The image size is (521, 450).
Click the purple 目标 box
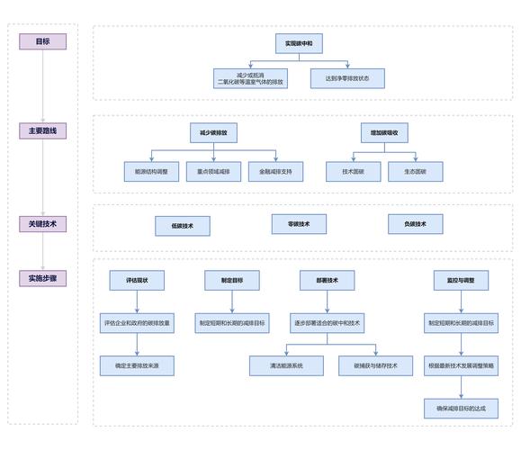(42, 41)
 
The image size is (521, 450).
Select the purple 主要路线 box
(42, 130)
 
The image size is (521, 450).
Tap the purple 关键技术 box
(42, 224)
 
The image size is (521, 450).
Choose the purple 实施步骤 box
(42, 278)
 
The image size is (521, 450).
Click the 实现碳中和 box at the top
(299, 43)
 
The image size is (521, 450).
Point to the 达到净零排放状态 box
(347, 78)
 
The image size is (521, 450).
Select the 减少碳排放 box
(213, 133)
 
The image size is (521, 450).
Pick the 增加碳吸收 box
(384, 133)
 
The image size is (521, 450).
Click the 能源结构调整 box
(151, 172)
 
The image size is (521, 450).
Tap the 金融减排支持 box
(275, 172)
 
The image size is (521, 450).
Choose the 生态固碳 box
(416, 172)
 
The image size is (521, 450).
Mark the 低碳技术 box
(183, 226)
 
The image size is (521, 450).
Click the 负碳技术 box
(416, 224)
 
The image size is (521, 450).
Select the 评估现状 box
(137, 281)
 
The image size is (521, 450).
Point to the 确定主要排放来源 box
(137, 366)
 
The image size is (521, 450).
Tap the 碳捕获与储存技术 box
(376, 366)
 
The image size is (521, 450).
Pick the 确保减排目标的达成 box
(462, 409)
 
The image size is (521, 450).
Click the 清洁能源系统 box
(286, 366)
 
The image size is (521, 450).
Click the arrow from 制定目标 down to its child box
(232, 301)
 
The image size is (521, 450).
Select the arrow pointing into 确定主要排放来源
(137, 345)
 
